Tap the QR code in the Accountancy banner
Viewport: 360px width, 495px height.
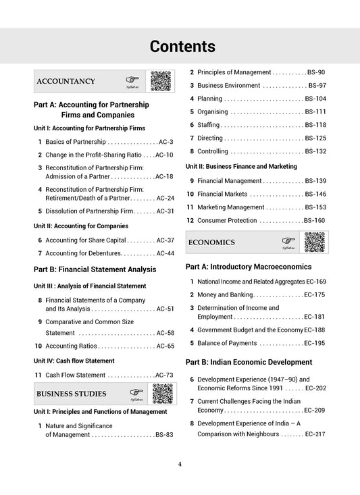coord(160,81)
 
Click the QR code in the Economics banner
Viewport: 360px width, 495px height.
coord(315,242)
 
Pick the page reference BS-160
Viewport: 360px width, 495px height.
coord(314,220)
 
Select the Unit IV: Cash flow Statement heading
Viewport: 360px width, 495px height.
coord(74,361)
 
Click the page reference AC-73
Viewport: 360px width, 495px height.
coord(164,375)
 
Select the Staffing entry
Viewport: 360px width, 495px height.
coord(209,125)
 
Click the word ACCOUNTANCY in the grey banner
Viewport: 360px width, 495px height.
coord(66,82)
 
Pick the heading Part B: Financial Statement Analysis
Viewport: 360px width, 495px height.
coord(95,269)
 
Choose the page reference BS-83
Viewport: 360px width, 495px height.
coord(164,435)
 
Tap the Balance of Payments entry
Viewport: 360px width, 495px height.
coord(230,343)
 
